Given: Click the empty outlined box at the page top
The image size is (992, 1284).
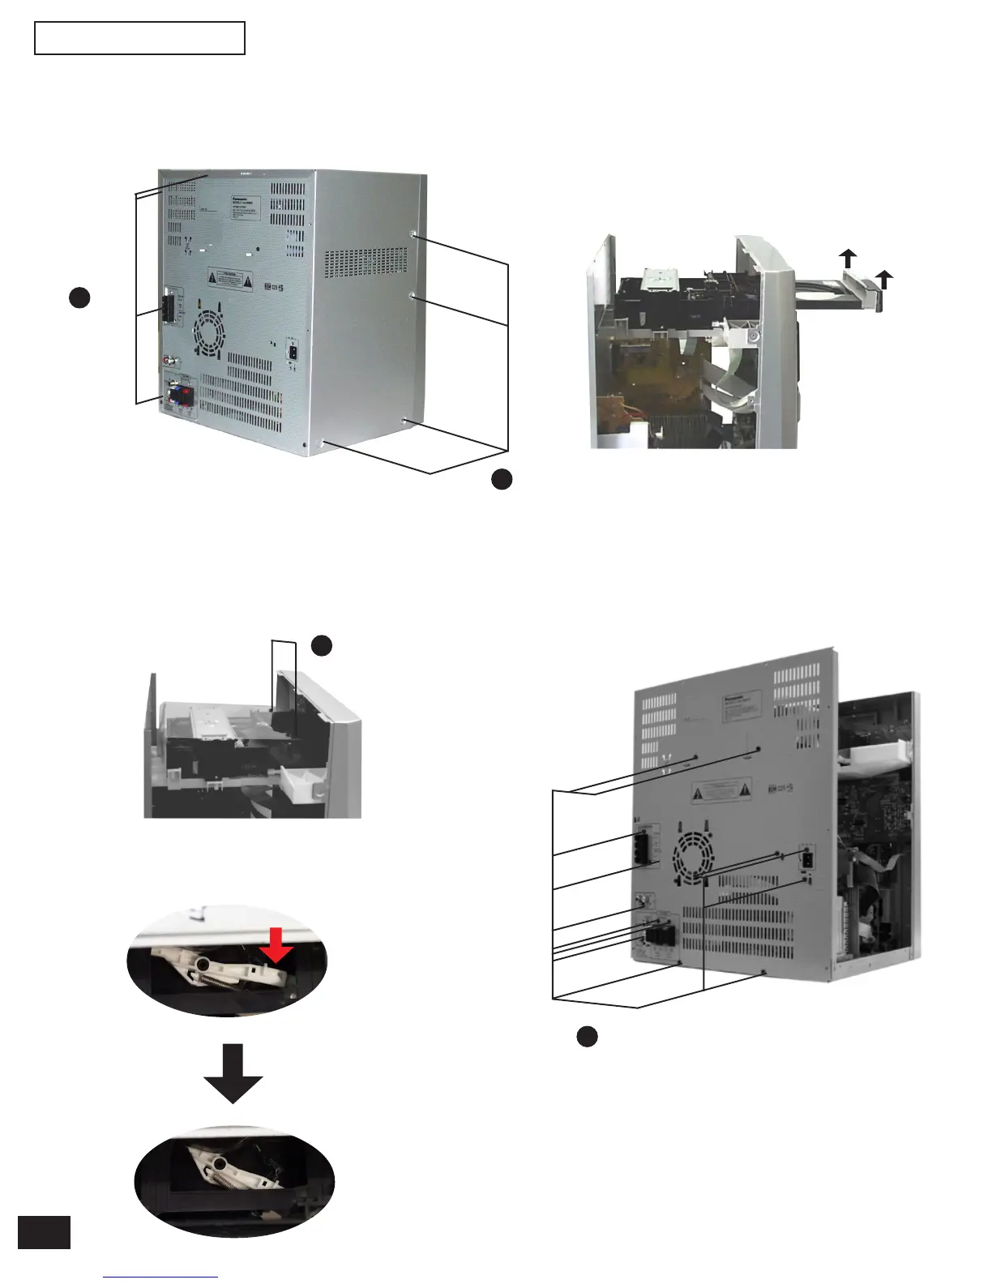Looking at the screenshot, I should (139, 38).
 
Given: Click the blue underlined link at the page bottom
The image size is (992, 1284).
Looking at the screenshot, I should (160, 1278).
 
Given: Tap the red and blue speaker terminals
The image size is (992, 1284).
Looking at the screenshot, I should (180, 396).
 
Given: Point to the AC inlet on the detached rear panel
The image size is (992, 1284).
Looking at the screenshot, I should (807, 858).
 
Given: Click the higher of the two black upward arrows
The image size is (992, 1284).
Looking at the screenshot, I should (848, 259).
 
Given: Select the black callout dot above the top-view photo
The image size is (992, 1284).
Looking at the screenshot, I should (322, 645).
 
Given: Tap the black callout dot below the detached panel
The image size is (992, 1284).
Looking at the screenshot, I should (587, 1036).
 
